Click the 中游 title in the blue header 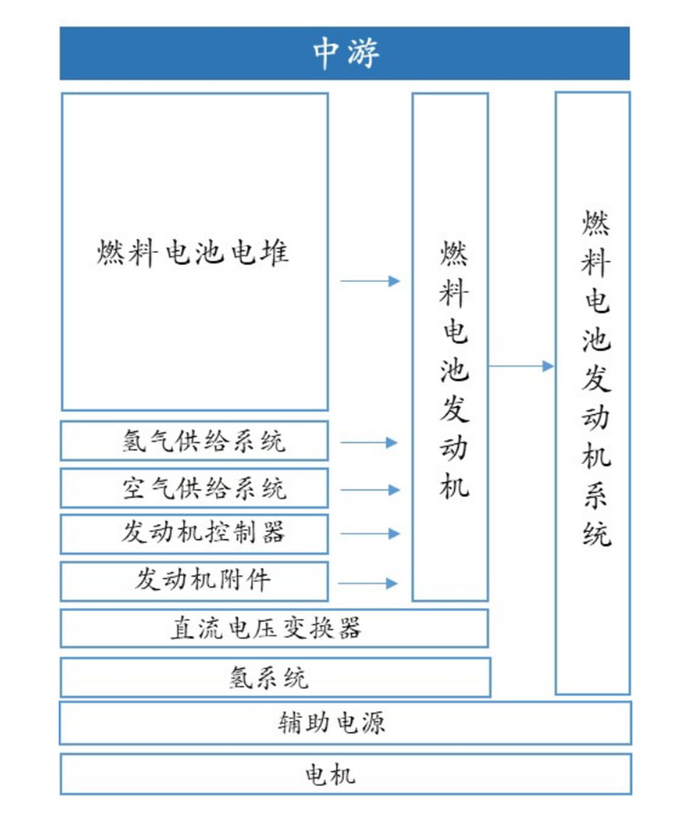coord(346,53)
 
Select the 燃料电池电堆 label coord(192,252)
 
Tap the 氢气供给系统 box coord(194,441)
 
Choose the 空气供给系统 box coord(194,488)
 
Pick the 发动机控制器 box coord(194,534)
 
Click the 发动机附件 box coord(194,581)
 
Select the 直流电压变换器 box coord(274,629)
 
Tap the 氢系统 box coord(275,678)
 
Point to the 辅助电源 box coord(345,723)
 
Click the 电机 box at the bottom coord(345,774)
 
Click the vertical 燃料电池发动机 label coord(454,370)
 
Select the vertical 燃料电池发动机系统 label coord(596,378)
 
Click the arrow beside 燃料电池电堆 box coord(370,281)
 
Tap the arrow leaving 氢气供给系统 coord(368,442)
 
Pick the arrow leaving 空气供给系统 coord(370,490)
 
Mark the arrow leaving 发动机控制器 coord(370,534)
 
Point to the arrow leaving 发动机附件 coord(368,583)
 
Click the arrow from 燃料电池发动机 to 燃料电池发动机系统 coord(521,366)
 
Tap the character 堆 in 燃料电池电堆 coord(275,252)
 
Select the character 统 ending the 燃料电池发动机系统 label coord(597,534)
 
